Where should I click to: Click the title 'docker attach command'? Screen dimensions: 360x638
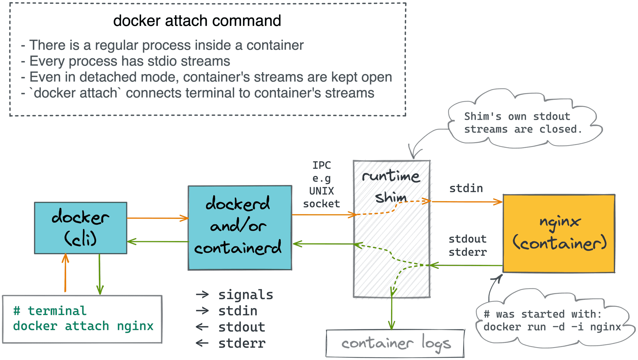pyautogui.click(x=197, y=21)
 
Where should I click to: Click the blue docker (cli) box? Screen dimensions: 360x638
pyautogui.click(x=80, y=228)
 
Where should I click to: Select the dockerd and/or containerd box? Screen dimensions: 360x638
pyautogui.click(x=240, y=228)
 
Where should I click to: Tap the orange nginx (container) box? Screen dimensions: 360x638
pyautogui.click(x=559, y=234)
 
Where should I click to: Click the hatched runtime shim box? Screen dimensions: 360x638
pyautogui.click(x=392, y=229)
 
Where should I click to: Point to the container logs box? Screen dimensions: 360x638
pyautogui.click(x=395, y=343)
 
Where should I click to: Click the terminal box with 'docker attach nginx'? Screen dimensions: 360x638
pyautogui.click(x=82, y=319)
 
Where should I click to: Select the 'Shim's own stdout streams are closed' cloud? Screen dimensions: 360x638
pyautogui.click(x=523, y=123)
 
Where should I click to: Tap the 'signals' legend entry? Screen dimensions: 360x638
pyautogui.click(x=245, y=295)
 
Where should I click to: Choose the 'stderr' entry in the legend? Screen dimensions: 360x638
pyautogui.click(x=241, y=343)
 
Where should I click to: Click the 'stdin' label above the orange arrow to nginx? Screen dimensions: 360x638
pyautogui.click(x=466, y=188)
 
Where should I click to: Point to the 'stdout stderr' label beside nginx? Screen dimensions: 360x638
pyautogui.click(x=468, y=245)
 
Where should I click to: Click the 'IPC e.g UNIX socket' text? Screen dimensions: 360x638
pyautogui.click(x=322, y=184)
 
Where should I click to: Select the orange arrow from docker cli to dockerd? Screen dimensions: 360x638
pyautogui.click(x=157, y=218)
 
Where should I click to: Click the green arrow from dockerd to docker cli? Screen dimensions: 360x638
pyautogui.click(x=157, y=242)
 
